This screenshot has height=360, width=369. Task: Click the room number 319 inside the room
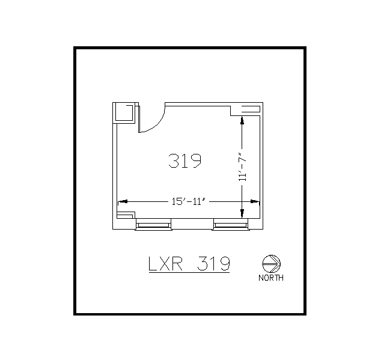[x=184, y=161]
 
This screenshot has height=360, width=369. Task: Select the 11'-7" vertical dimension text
[x=242, y=166]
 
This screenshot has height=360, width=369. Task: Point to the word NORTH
[x=271, y=278]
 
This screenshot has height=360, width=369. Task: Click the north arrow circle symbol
[x=272, y=263]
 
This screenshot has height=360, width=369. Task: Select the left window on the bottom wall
[x=154, y=225]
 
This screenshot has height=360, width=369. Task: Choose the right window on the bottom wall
[x=231, y=225]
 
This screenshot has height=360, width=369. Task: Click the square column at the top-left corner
[x=124, y=112]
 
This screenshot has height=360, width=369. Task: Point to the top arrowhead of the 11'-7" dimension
[x=242, y=120]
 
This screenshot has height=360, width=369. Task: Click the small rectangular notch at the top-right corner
[x=249, y=108]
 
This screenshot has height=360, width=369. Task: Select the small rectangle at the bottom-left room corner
[x=125, y=215]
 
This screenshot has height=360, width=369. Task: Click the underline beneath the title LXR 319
[x=189, y=272]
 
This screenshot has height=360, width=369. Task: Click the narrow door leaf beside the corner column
[x=138, y=118]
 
